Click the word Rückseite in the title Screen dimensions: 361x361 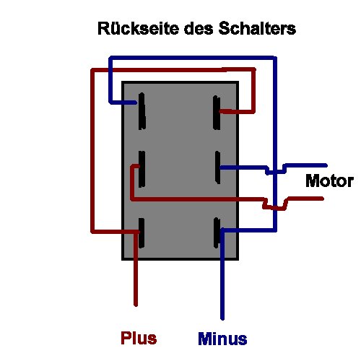click(136, 30)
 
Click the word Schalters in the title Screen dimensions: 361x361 click(258, 30)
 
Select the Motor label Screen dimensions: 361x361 click(329, 180)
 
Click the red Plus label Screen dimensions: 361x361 click(139, 338)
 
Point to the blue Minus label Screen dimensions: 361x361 click(222, 339)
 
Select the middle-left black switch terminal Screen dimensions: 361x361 click(142, 168)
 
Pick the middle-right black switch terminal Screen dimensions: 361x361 click(217, 169)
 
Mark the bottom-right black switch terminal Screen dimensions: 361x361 click(217, 235)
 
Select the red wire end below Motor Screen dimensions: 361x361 click(322, 199)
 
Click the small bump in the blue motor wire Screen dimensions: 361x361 click(271, 172)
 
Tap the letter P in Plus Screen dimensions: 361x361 click(125, 338)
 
